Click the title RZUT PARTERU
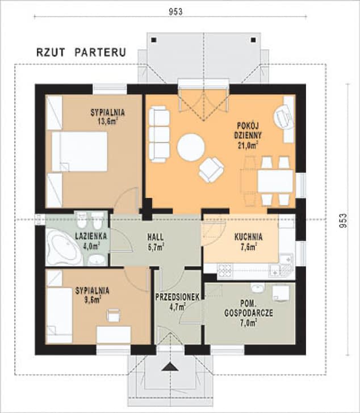(81, 52)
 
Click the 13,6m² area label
(107, 121)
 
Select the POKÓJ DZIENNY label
(248, 131)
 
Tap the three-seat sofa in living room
(159, 134)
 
